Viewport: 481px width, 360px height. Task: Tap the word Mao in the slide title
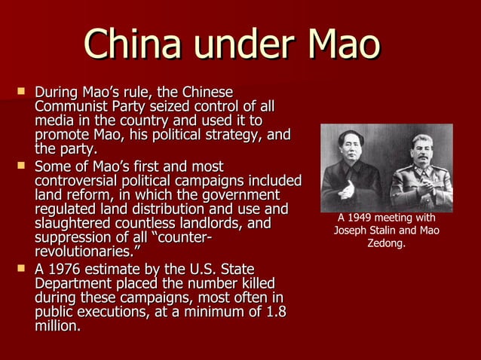click(x=343, y=44)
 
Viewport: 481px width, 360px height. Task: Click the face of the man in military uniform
click(x=419, y=150)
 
